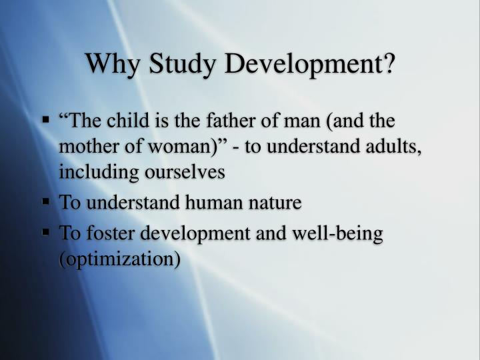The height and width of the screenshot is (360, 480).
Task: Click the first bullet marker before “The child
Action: [x=47, y=121]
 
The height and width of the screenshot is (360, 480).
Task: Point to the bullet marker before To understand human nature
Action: [x=47, y=201]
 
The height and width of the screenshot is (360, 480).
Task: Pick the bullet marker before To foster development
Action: [x=47, y=233]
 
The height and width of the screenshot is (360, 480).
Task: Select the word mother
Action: [x=87, y=147]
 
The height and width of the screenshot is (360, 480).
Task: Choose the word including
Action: [x=98, y=172]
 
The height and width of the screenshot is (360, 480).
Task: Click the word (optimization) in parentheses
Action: [x=120, y=259]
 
